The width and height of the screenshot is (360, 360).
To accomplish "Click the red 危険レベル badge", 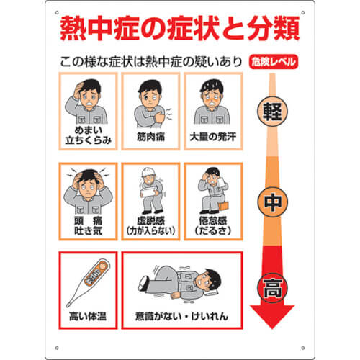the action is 274,62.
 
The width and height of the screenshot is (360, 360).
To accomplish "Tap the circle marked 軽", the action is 272,112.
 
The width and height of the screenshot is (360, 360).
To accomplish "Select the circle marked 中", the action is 273,202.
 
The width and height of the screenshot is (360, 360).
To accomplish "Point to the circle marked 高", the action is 272,288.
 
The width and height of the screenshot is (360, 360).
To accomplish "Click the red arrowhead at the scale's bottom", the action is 272,316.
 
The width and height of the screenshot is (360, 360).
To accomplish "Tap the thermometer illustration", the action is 88,283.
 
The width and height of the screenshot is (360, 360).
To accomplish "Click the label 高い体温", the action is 88,316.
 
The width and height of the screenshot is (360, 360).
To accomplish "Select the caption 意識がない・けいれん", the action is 181,316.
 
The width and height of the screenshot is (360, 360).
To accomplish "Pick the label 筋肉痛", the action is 150,137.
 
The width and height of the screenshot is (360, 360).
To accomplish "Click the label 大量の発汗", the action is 213,137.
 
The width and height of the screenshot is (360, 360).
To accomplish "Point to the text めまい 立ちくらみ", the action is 88,135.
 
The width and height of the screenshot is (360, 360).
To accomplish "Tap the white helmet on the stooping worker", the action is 147,172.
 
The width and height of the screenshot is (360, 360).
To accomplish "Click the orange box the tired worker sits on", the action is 223,206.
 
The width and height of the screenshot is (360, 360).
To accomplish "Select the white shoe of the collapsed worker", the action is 143,283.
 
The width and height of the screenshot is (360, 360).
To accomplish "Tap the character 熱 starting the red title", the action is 73,28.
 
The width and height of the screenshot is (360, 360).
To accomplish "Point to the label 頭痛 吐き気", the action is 88,225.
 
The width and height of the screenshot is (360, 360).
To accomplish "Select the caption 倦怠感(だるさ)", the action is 213,225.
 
